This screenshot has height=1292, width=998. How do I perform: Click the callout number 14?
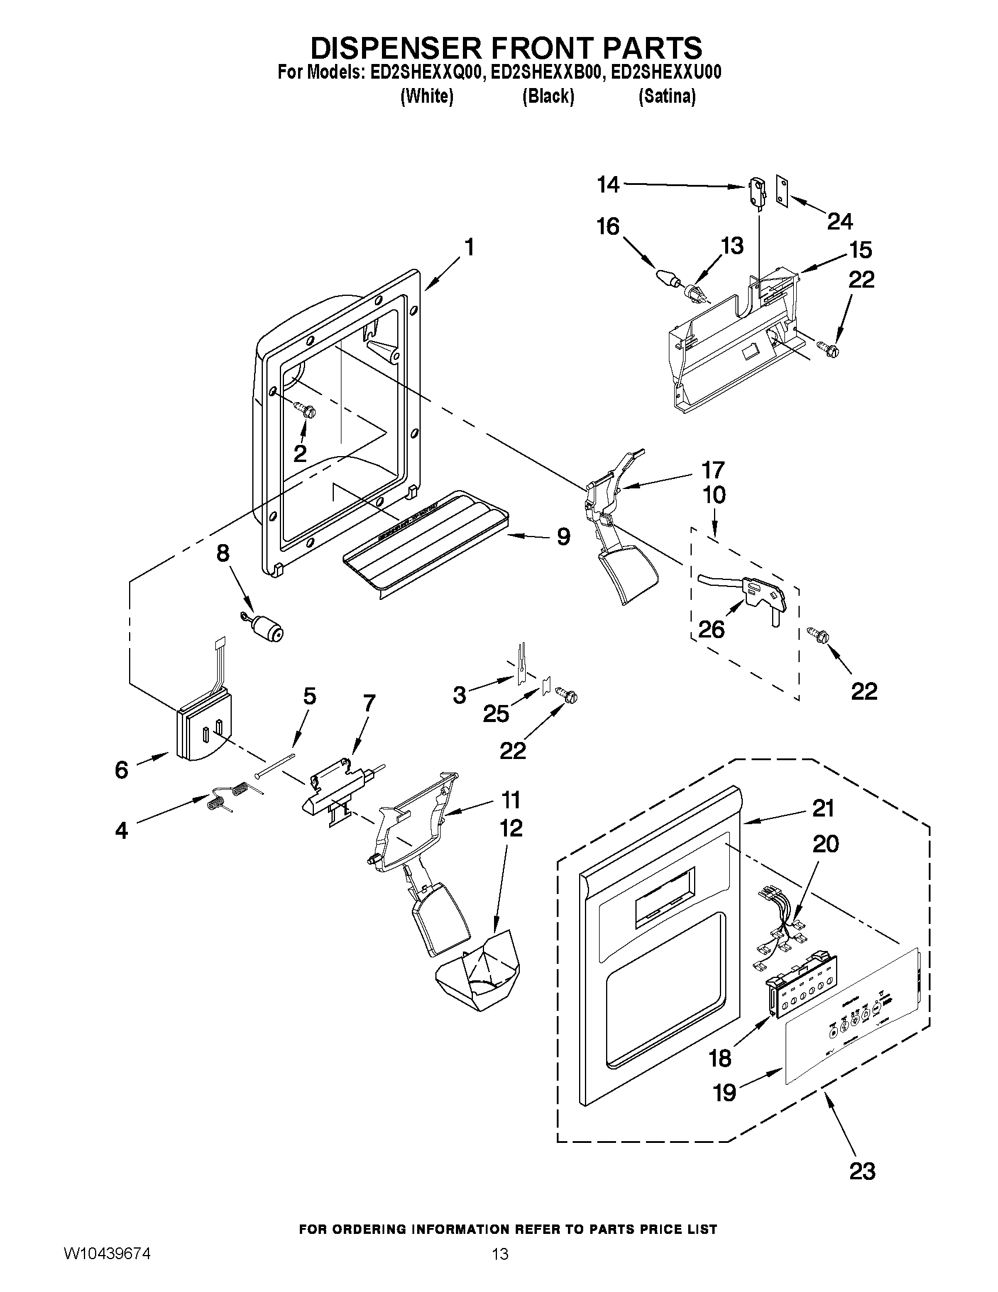tap(608, 185)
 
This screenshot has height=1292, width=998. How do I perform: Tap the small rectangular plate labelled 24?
tap(782, 192)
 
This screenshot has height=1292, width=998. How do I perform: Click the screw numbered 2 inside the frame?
tap(306, 408)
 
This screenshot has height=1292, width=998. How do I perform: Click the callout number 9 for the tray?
tap(563, 537)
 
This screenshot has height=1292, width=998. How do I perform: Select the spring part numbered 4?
tap(230, 794)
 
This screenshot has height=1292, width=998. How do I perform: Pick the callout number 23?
tap(862, 1170)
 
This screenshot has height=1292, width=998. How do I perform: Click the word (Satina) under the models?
tap(667, 96)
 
